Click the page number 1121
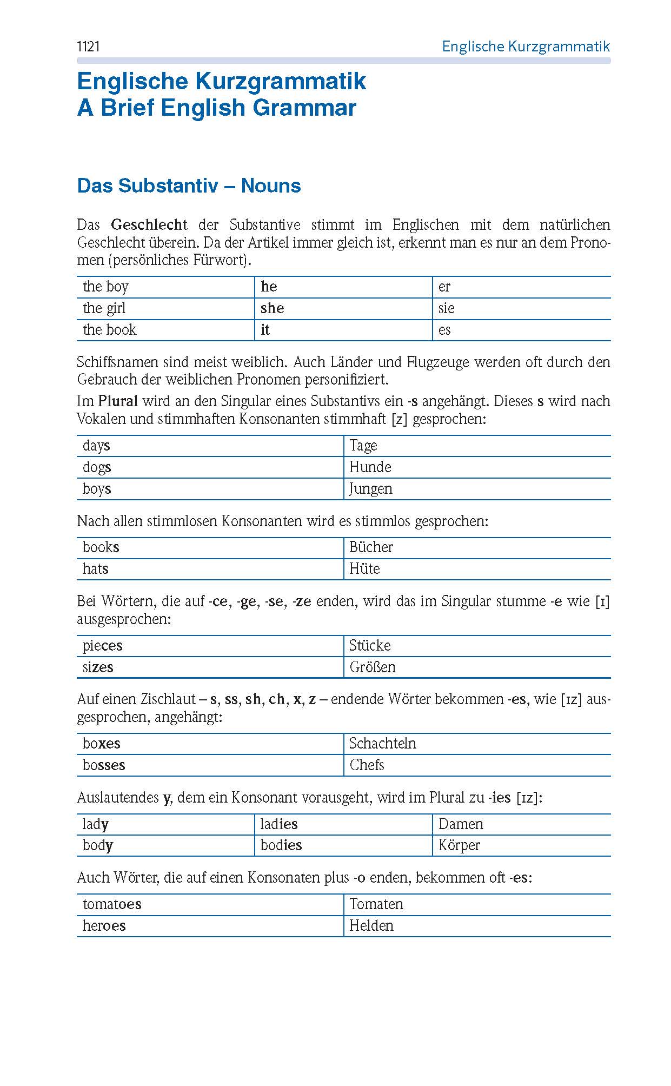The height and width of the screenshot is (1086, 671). (x=89, y=47)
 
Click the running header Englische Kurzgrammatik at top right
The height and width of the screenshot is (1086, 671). (x=526, y=47)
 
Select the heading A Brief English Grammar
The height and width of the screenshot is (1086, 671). (x=217, y=108)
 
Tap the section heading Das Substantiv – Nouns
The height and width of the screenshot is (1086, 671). (x=189, y=186)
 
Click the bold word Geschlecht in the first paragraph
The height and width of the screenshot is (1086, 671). (x=149, y=224)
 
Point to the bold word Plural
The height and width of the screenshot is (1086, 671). (x=118, y=401)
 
